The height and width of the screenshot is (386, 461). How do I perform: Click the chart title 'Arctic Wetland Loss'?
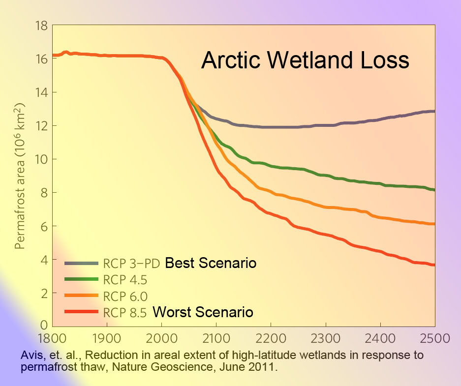[x=305, y=60]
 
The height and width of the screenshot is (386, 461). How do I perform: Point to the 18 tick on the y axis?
[x=41, y=26]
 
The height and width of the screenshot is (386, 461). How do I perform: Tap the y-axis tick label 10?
[x=41, y=159]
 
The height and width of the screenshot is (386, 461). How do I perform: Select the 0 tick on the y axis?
[x=44, y=325]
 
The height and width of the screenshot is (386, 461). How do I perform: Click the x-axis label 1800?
[x=52, y=338]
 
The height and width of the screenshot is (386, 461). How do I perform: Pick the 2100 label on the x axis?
[x=216, y=338]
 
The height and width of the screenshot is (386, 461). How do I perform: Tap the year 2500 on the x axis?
[x=435, y=338]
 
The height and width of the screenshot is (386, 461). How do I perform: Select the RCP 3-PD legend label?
[x=131, y=264]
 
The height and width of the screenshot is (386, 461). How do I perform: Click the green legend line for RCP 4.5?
[x=81, y=279]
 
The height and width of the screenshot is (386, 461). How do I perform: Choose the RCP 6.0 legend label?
[x=125, y=297]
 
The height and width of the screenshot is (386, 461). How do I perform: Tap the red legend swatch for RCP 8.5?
[x=81, y=311]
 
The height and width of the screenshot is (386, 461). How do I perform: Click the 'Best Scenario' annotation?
[x=211, y=263]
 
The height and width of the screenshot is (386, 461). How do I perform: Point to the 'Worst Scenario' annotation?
[x=203, y=312]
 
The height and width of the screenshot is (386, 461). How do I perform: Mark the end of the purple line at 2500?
[x=434, y=111]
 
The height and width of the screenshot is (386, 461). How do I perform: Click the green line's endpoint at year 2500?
[x=434, y=190]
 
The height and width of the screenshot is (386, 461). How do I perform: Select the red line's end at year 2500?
[x=434, y=265]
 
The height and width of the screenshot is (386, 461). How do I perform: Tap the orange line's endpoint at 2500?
[x=434, y=224]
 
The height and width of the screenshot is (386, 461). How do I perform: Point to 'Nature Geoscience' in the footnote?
[x=162, y=367]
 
